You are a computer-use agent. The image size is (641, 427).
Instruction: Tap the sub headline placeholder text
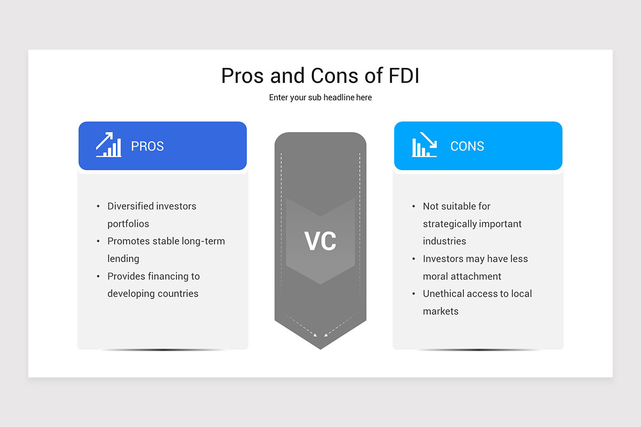[x=320, y=98]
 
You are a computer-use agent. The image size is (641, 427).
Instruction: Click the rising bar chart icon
[x=108, y=145]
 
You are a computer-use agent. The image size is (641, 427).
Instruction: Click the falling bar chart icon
[x=425, y=145]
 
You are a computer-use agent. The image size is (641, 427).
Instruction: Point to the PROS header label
[x=147, y=146]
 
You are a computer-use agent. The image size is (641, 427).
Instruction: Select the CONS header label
[x=467, y=146]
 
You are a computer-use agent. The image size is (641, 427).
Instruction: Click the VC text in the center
[x=320, y=241]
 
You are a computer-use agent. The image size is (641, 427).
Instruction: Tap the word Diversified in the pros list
[x=132, y=206]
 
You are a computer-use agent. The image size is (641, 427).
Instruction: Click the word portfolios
[x=128, y=224]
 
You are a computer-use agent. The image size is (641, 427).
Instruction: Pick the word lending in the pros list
[x=123, y=259]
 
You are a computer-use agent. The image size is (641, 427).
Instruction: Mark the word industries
[x=444, y=241]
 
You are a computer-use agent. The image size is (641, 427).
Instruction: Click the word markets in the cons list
[x=441, y=311]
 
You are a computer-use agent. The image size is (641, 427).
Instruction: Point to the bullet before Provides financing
[x=98, y=276]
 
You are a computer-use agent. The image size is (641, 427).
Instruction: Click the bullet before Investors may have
[x=414, y=259]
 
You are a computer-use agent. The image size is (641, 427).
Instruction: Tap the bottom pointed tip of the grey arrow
[x=320, y=348]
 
